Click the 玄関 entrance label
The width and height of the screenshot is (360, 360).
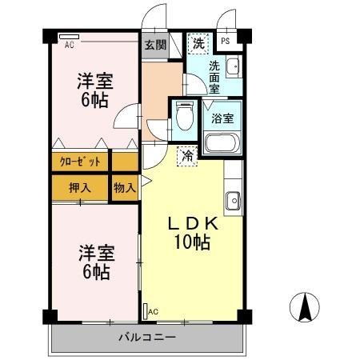tap(155, 45)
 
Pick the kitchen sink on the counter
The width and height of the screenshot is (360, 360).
tap(233, 200)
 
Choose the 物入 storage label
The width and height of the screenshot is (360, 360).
tap(124, 188)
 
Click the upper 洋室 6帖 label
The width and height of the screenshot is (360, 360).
tap(94, 89)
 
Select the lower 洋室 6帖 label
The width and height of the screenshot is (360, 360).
tap(94, 262)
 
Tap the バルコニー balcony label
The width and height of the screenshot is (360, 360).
tap(148, 337)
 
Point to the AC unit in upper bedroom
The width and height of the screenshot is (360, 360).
tap(69, 37)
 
